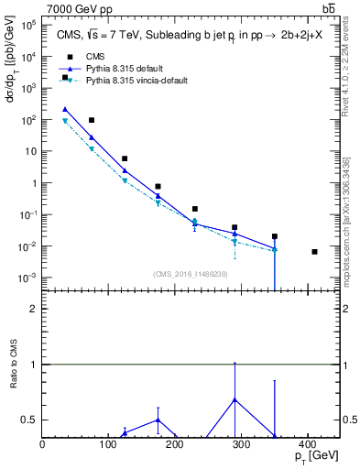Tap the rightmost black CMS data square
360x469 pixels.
[314, 251]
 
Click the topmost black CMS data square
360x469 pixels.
[65, 77]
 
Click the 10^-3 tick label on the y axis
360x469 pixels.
[27, 278]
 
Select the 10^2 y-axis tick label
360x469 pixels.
[28, 120]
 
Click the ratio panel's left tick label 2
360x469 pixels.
[34, 309]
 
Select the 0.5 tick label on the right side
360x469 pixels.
[350, 420]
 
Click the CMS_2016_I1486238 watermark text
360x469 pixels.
[191, 274]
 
